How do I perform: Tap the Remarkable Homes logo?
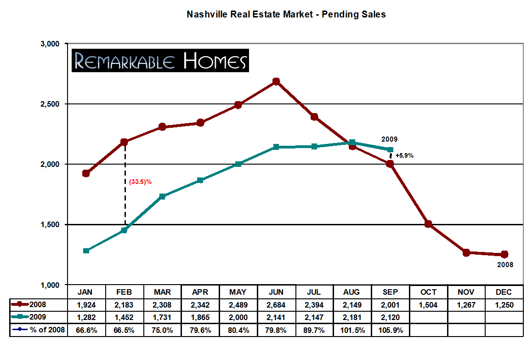click(160, 61)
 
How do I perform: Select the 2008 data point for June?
click(276, 81)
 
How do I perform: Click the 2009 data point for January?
click(86, 251)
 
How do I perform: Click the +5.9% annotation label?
click(404, 155)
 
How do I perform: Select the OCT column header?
click(428, 292)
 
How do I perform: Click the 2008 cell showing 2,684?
click(276, 304)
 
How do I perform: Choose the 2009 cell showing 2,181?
click(352, 317)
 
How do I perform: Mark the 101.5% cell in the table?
click(352, 330)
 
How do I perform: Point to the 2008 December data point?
click(504, 254)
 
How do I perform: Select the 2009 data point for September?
click(390, 149)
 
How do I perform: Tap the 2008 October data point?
click(428, 224)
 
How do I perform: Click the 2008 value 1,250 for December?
click(504, 304)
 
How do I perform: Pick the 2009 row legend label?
click(37, 317)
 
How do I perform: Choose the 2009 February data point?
click(124, 230)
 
